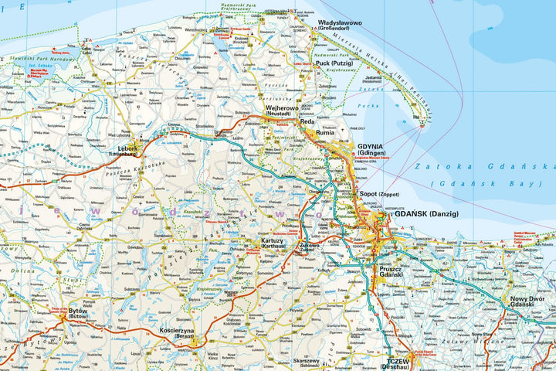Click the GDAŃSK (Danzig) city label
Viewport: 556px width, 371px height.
pyautogui.click(x=426, y=213)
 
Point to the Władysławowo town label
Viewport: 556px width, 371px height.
pyautogui.click(x=346, y=23)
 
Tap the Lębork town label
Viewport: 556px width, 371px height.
pyautogui.click(x=128, y=148)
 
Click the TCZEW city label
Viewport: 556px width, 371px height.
pyautogui.click(x=398, y=360)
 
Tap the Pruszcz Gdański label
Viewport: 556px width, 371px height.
pyautogui.click(x=392, y=271)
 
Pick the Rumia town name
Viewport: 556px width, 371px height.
pyautogui.click(x=326, y=132)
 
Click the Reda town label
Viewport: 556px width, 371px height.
pyautogui.click(x=307, y=121)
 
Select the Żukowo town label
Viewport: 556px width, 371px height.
pyautogui.click(x=307, y=247)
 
